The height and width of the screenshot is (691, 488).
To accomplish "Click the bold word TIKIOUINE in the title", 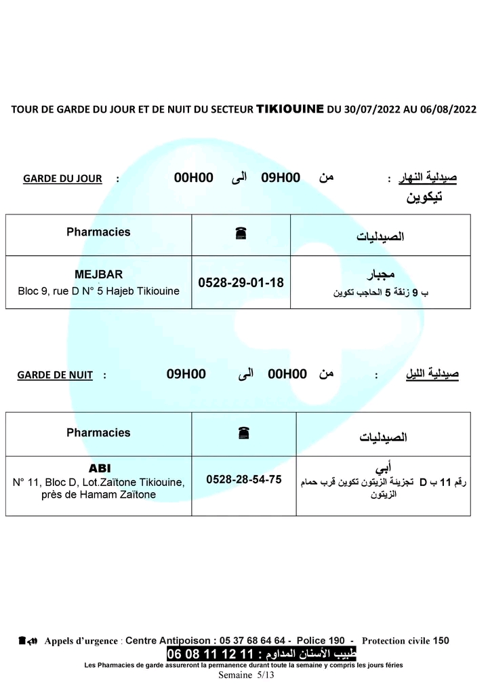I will coord(290,108).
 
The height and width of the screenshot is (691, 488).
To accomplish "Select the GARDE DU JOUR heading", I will coord(62,179).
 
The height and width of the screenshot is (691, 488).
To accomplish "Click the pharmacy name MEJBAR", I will coord(98,274).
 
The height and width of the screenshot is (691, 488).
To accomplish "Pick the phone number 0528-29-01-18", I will coord(241,282).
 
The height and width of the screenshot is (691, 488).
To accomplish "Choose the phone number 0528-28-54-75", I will coord(243,479).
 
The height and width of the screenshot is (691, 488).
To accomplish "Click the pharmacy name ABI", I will coord(100,469).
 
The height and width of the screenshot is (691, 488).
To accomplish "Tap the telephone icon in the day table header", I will coord(241,233).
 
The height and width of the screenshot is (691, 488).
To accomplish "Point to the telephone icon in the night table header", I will coord(243,432).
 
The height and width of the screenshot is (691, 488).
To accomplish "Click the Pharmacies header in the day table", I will coord(98,232).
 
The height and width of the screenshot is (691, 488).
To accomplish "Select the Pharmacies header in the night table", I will coord(98,432).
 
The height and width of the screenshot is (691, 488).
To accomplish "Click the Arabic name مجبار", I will coord(380,276).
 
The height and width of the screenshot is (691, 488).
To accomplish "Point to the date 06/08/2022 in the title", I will coord(450,109).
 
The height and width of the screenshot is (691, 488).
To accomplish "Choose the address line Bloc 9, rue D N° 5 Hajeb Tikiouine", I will coord(98,291).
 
